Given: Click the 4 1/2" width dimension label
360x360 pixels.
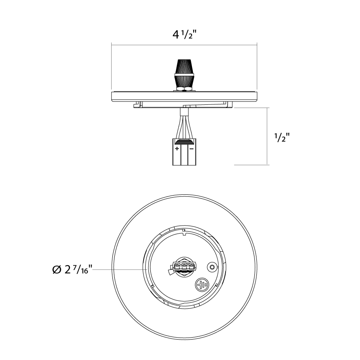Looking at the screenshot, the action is pos(184,35).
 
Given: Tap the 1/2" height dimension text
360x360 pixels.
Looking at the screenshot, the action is pos(282,137).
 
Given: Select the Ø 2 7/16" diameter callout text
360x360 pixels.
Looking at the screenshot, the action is pos(72,269).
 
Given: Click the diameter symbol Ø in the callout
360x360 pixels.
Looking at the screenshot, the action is pos(57,269).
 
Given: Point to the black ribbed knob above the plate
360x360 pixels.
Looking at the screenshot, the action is pos(184,74).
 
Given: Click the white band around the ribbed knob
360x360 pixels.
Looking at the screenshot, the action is pos(184,75).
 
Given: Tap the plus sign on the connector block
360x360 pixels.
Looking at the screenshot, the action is pos(177,148).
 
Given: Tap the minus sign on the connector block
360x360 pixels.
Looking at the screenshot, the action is pos(191,148).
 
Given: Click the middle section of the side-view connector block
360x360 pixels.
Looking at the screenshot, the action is pos(184,154).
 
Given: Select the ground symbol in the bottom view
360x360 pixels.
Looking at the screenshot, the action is pos(202,285).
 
